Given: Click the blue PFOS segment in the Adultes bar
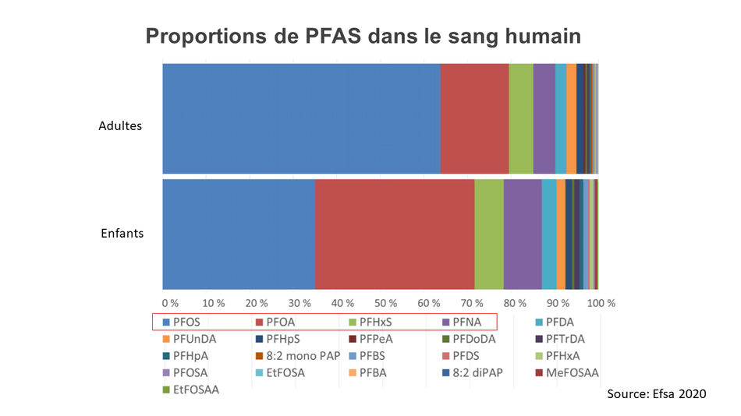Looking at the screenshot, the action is (x=302, y=118).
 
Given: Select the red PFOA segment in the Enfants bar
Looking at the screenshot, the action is (x=395, y=234).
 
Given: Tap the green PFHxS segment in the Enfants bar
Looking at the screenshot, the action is (x=489, y=234).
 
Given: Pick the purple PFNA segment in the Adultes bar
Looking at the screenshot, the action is (x=544, y=118).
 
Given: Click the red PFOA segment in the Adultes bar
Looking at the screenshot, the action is (x=474, y=118).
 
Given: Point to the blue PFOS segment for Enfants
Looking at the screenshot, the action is (x=239, y=234).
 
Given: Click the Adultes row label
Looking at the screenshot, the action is (x=120, y=125).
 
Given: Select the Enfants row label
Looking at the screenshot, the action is (x=122, y=233).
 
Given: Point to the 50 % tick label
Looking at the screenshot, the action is (x=385, y=303).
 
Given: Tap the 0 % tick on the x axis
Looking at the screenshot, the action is (x=170, y=303).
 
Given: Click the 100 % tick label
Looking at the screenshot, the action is (x=601, y=303).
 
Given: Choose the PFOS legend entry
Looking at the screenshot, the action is (x=182, y=322).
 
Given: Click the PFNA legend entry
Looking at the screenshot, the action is (x=462, y=322).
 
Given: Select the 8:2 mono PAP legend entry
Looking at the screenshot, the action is (x=298, y=356).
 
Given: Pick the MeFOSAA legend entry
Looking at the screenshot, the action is (x=567, y=373).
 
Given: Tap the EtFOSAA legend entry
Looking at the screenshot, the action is (x=191, y=390).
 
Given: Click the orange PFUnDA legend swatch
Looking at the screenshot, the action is (x=166, y=339).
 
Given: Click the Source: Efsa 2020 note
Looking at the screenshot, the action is (x=657, y=394).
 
